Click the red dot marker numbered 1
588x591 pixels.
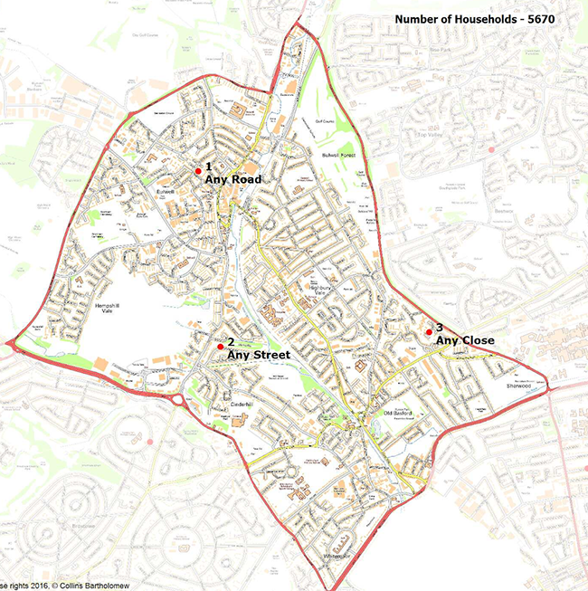coord(198,170)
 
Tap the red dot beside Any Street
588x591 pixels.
coord(220,346)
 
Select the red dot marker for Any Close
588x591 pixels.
coord(429,332)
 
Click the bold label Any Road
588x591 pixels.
coord(233,180)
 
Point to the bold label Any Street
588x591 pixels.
coord(259,355)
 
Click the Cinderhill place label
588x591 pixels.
coord(245,403)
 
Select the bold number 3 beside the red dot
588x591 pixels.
coord(440,327)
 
